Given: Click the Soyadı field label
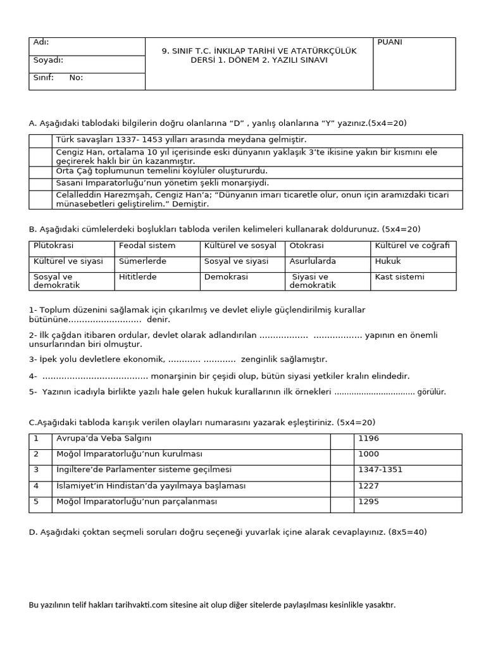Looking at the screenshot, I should coord(48,61).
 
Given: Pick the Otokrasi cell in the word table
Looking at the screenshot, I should coord(306,246).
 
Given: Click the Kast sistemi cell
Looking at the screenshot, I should coord(399,277).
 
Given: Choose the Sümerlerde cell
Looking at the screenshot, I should coord(142,261).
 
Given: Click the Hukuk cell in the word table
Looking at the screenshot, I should coord(388,261).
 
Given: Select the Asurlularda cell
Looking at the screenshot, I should coord(313,261).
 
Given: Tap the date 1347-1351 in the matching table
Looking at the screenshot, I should coord(380,470).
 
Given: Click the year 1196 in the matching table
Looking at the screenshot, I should coord(368,438).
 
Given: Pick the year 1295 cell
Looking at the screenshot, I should coord(368,501).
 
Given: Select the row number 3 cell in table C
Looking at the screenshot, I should coord(37,470).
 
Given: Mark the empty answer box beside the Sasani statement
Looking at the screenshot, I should coord(40,183).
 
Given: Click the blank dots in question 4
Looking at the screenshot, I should coord(95,376).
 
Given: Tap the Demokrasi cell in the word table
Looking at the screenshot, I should coord(226,277).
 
